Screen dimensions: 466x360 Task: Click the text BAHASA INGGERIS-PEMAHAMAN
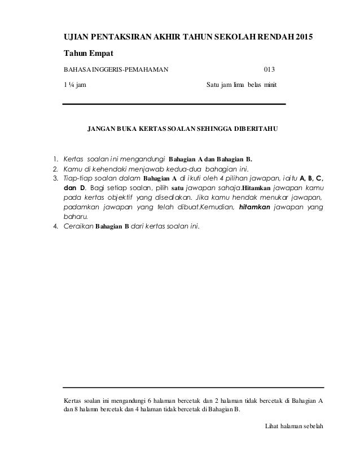[x=115, y=71]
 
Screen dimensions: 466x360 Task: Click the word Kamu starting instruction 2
[x=73, y=168]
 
